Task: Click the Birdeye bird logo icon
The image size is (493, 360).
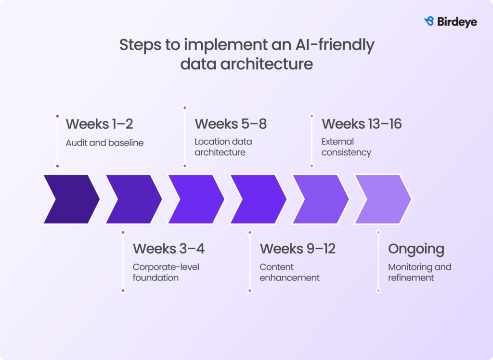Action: tap(429, 21)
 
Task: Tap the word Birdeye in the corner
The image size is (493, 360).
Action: tap(457, 22)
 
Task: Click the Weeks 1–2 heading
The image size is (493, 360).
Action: tap(99, 124)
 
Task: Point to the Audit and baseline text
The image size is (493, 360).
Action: tap(104, 143)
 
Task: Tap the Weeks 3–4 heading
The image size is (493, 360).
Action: tap(169, 249)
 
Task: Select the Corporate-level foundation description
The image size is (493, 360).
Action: tap(166, 272)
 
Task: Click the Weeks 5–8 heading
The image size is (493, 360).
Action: tap(231, 124)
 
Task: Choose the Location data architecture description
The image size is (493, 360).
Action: tap(223, 147)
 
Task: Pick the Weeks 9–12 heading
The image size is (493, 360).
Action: tap(298, 249)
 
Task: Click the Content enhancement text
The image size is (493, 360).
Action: tap(289, 272)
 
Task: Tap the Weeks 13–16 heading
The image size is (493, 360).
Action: tap(362, 124)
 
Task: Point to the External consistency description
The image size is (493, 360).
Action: tap(346, 147)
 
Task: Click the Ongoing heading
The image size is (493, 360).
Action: tap(416, 249)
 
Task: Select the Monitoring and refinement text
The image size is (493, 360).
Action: tap(419, 272)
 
